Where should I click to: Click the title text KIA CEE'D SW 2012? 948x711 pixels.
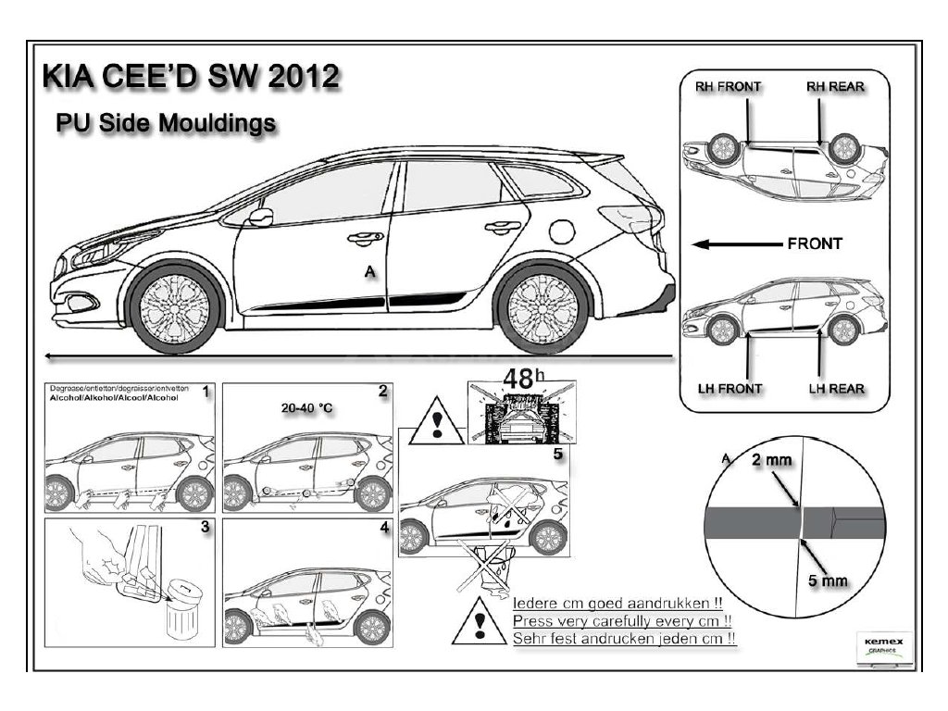coord(191,76)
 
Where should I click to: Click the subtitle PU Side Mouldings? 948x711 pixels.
coord(165,123)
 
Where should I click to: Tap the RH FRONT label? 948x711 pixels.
coord(728,87)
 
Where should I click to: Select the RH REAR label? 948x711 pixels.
coord(835,87)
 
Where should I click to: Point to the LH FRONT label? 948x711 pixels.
coord(729,388)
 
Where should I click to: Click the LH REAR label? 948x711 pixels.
coord(836,388)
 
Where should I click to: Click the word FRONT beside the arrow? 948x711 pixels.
coord(815,244)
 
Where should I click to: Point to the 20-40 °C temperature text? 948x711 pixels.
coord(306,407)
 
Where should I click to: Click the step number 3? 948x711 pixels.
coord(205,527)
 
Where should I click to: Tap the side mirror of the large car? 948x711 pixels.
coord(260,218)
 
